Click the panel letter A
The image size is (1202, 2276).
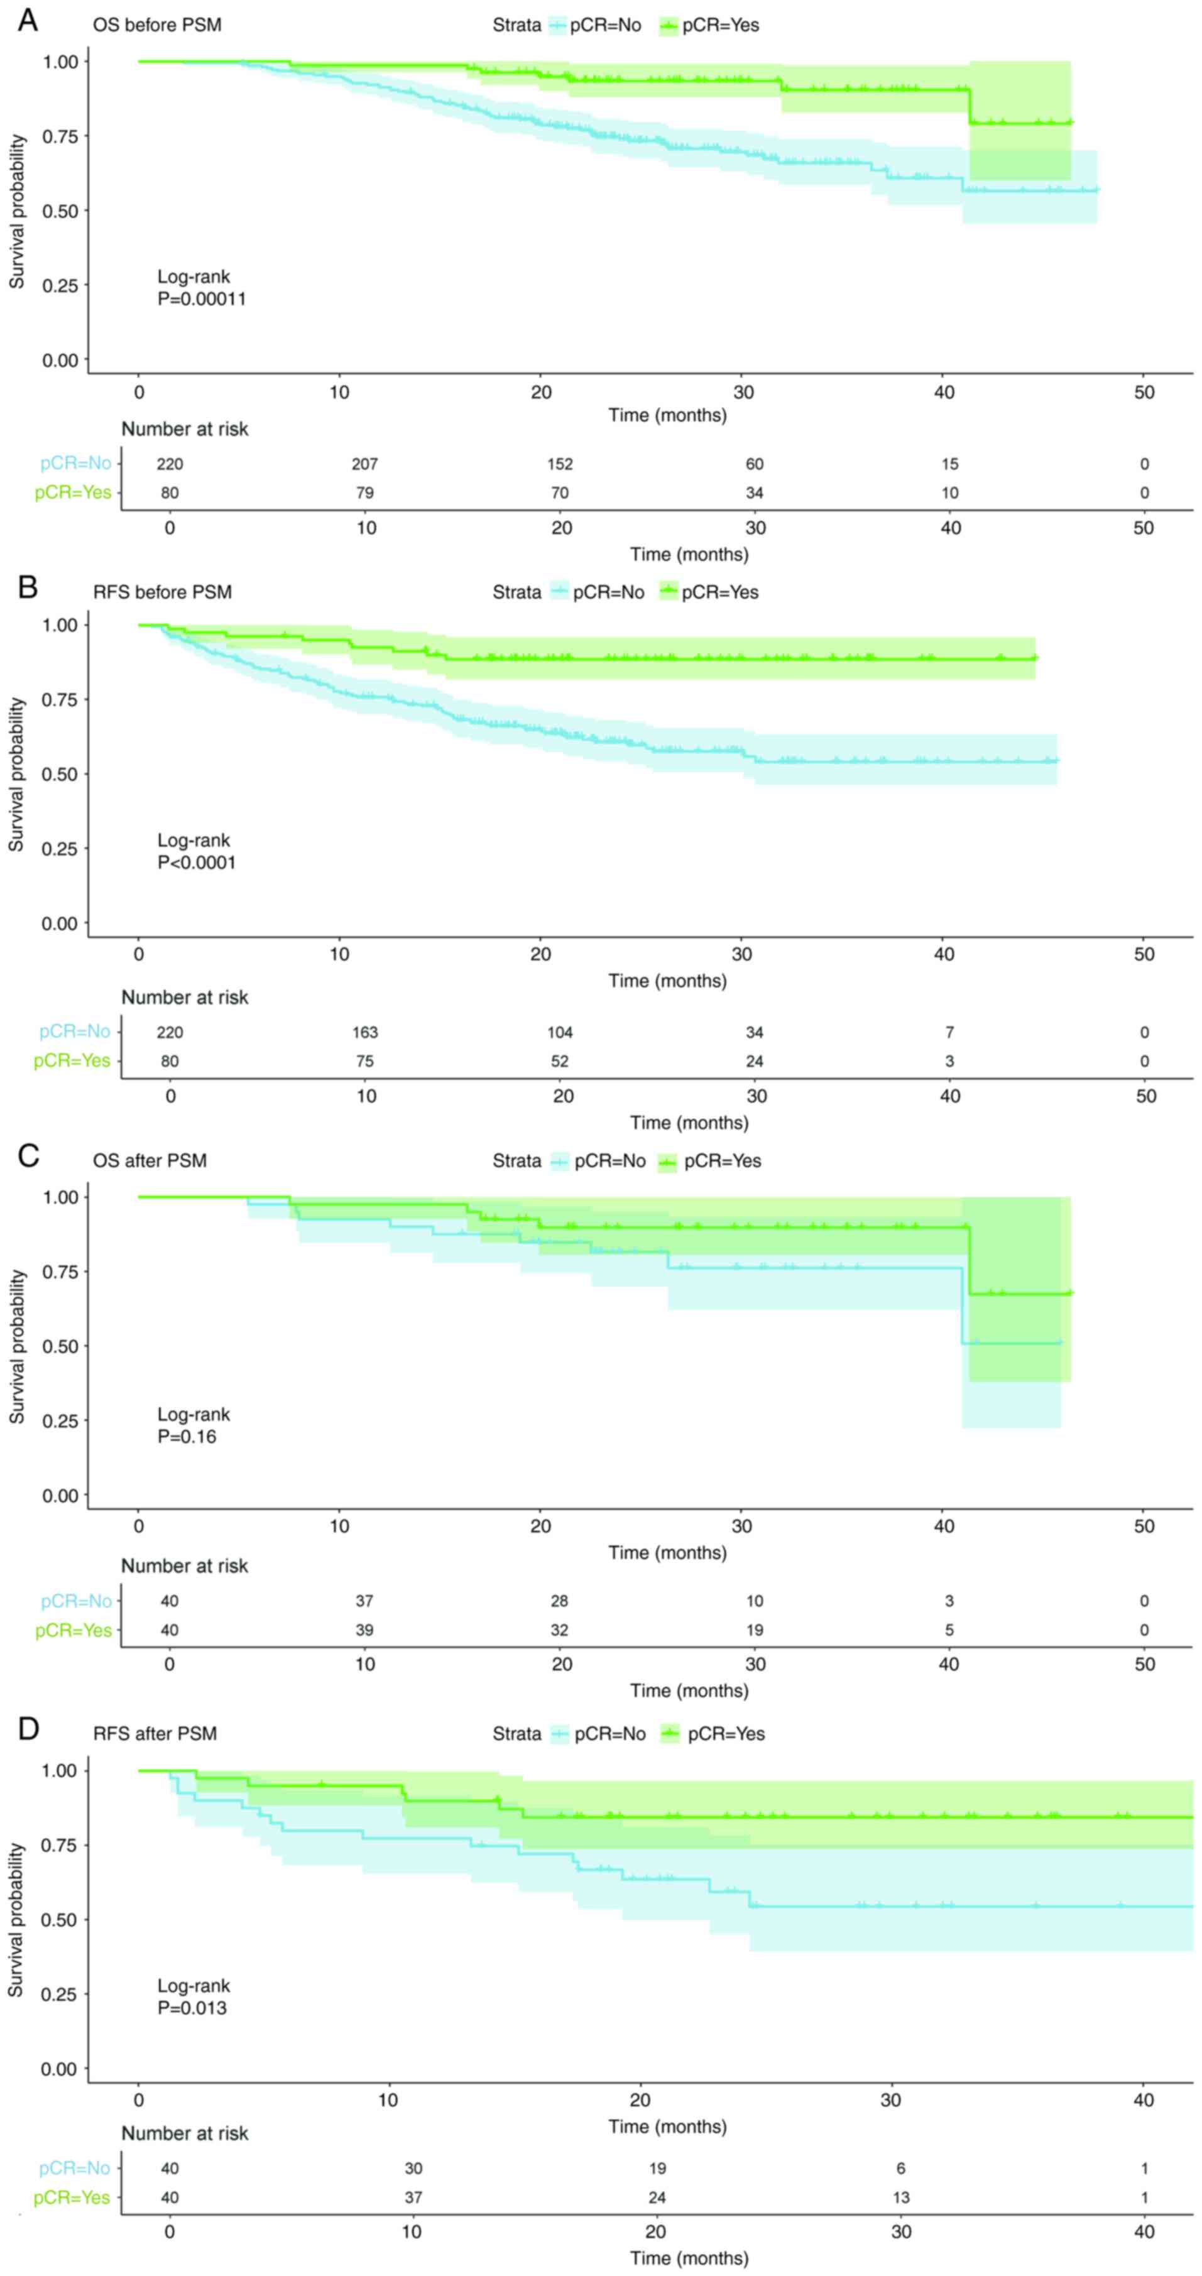(28, 20)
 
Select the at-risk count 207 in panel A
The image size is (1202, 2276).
(365, 464)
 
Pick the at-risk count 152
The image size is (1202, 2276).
(559, 464)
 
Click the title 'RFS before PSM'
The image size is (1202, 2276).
(163, 592)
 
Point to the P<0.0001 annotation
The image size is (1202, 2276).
(196, 863)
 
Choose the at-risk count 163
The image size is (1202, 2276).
(365, 1032)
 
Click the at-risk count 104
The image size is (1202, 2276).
(559, 1032)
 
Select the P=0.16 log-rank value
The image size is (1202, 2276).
(187, 1437)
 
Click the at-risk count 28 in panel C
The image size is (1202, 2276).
(559, 1601)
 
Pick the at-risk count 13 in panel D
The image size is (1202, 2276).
(900, 2197)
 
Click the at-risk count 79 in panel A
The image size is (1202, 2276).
(365, 493)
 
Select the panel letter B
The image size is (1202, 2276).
(28, 587)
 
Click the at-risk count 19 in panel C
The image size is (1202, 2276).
(754, 1630)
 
